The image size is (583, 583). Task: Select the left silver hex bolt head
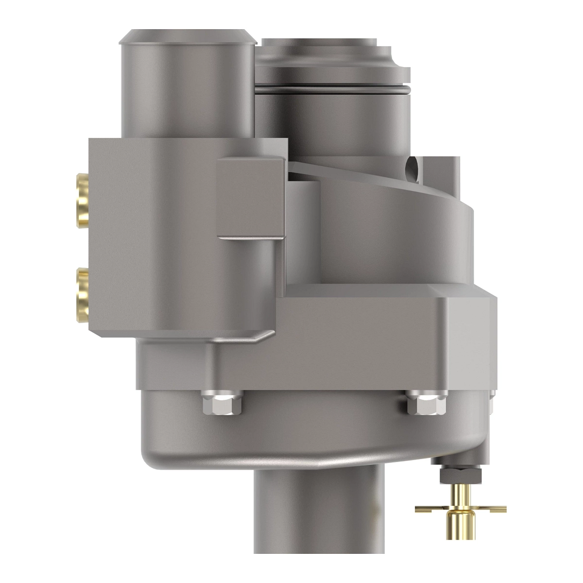(x=222, y=404)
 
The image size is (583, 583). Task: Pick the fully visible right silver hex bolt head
(x=426, y=404)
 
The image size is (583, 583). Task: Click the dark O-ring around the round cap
(x=330, y=90)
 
